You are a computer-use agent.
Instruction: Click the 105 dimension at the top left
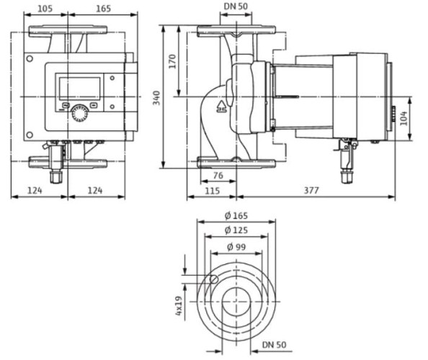pos(45,9)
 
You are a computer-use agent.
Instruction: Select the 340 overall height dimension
pos(156,98)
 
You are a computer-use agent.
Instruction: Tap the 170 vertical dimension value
pos(172,61)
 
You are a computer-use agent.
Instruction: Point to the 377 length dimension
pos(311,190)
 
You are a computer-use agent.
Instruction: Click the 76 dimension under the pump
pos(218,176)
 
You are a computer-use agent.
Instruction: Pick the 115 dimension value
pos(212,190)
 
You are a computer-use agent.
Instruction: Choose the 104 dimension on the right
pos(404,118)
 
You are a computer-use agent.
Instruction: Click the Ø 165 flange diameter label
pos(236,216)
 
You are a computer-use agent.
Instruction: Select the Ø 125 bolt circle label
pos(236,230)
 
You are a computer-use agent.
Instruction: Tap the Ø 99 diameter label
pos(236,247)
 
